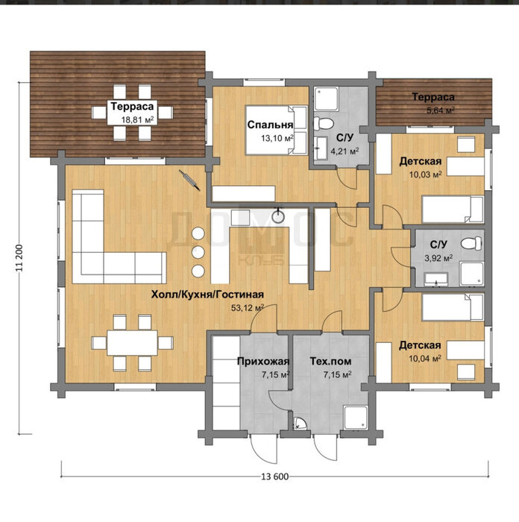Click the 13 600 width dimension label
point(275,477)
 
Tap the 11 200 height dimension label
point(19,258)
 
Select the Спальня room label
point(270,125)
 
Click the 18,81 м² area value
point(137,119)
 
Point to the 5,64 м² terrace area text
point(441,110)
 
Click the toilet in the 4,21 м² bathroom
point(323,123)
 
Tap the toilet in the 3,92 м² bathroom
point(471,243)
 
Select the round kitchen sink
point(277,217)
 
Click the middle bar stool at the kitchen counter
point(198,252)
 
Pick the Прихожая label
point(263,361)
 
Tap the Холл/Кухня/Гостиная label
point(207,295)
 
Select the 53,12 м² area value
point(248,308)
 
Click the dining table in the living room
point(132,343)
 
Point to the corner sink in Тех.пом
point(300,424)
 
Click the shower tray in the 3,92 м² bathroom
point(471,274)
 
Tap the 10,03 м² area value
point(425,174)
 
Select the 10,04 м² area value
point(425,359)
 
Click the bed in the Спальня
point(276,130)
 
